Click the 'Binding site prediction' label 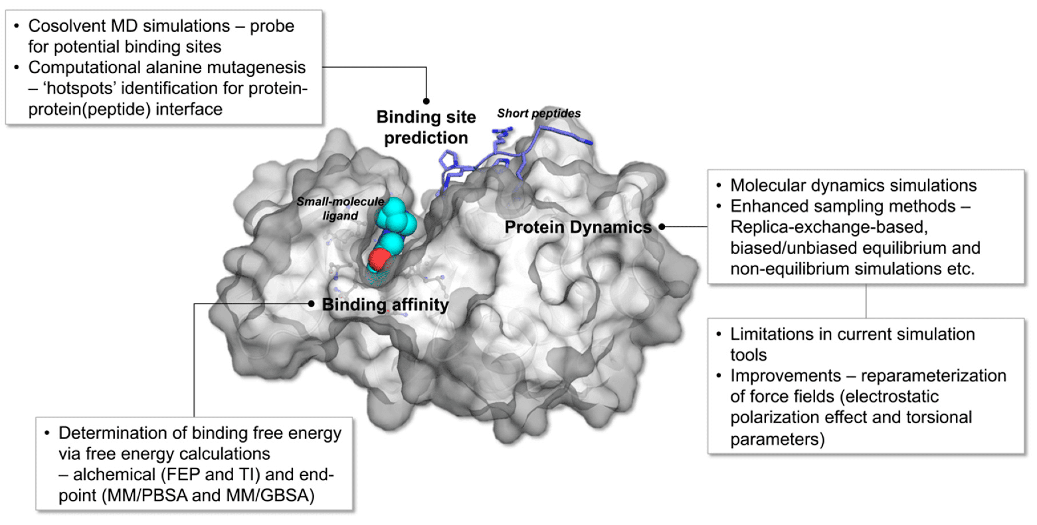pos(426,127)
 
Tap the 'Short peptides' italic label pos(539,113)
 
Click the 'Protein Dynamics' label pos(578,227)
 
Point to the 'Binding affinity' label pos(385,305)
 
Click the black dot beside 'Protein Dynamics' pos(662,227)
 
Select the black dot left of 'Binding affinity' pos(311,304)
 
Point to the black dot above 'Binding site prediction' pos(426,101)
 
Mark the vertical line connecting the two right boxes pos(866,301)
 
